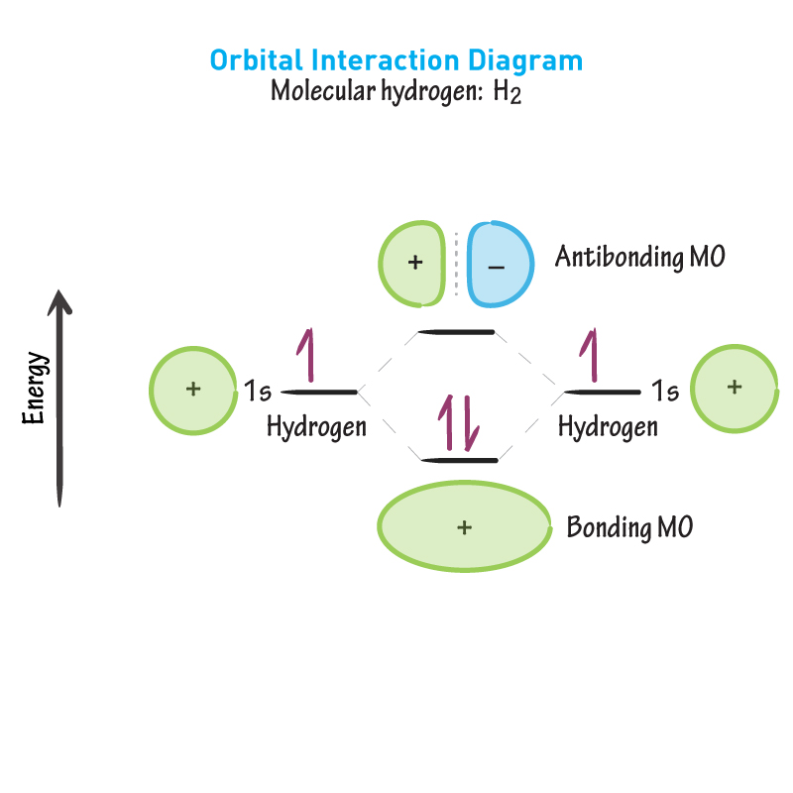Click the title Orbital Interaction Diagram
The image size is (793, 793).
396,60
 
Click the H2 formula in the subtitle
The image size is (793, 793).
507,94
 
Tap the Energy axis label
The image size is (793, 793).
35,388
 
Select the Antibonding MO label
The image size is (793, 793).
639,258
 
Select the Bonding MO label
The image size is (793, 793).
628,527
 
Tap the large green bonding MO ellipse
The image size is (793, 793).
464,527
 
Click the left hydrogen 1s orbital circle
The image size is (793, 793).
193,390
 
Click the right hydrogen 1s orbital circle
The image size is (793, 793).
733,387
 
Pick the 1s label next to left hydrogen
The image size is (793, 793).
257,392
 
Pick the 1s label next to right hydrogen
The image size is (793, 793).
665,392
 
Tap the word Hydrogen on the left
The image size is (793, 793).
316,427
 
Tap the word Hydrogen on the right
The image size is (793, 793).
608,427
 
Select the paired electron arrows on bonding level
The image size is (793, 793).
459,423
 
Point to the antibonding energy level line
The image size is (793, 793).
456,331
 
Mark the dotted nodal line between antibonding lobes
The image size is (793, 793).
456,263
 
